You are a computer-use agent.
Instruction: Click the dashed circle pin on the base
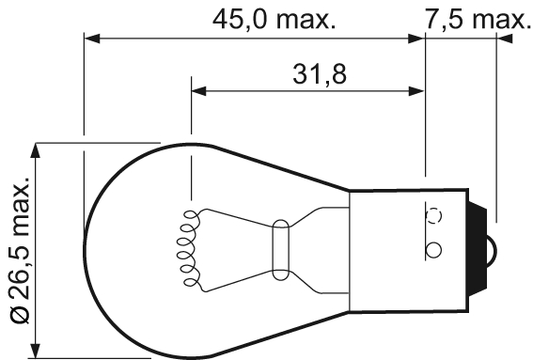coord(433,215)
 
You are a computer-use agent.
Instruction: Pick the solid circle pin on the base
coord(433,250)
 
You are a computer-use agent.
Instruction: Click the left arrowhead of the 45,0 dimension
coord(91,39)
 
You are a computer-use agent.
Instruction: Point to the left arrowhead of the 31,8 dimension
coord(198,91)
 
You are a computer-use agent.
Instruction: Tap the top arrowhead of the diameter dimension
coord(39,150)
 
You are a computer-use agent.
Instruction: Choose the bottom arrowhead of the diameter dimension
coord(39,352)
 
